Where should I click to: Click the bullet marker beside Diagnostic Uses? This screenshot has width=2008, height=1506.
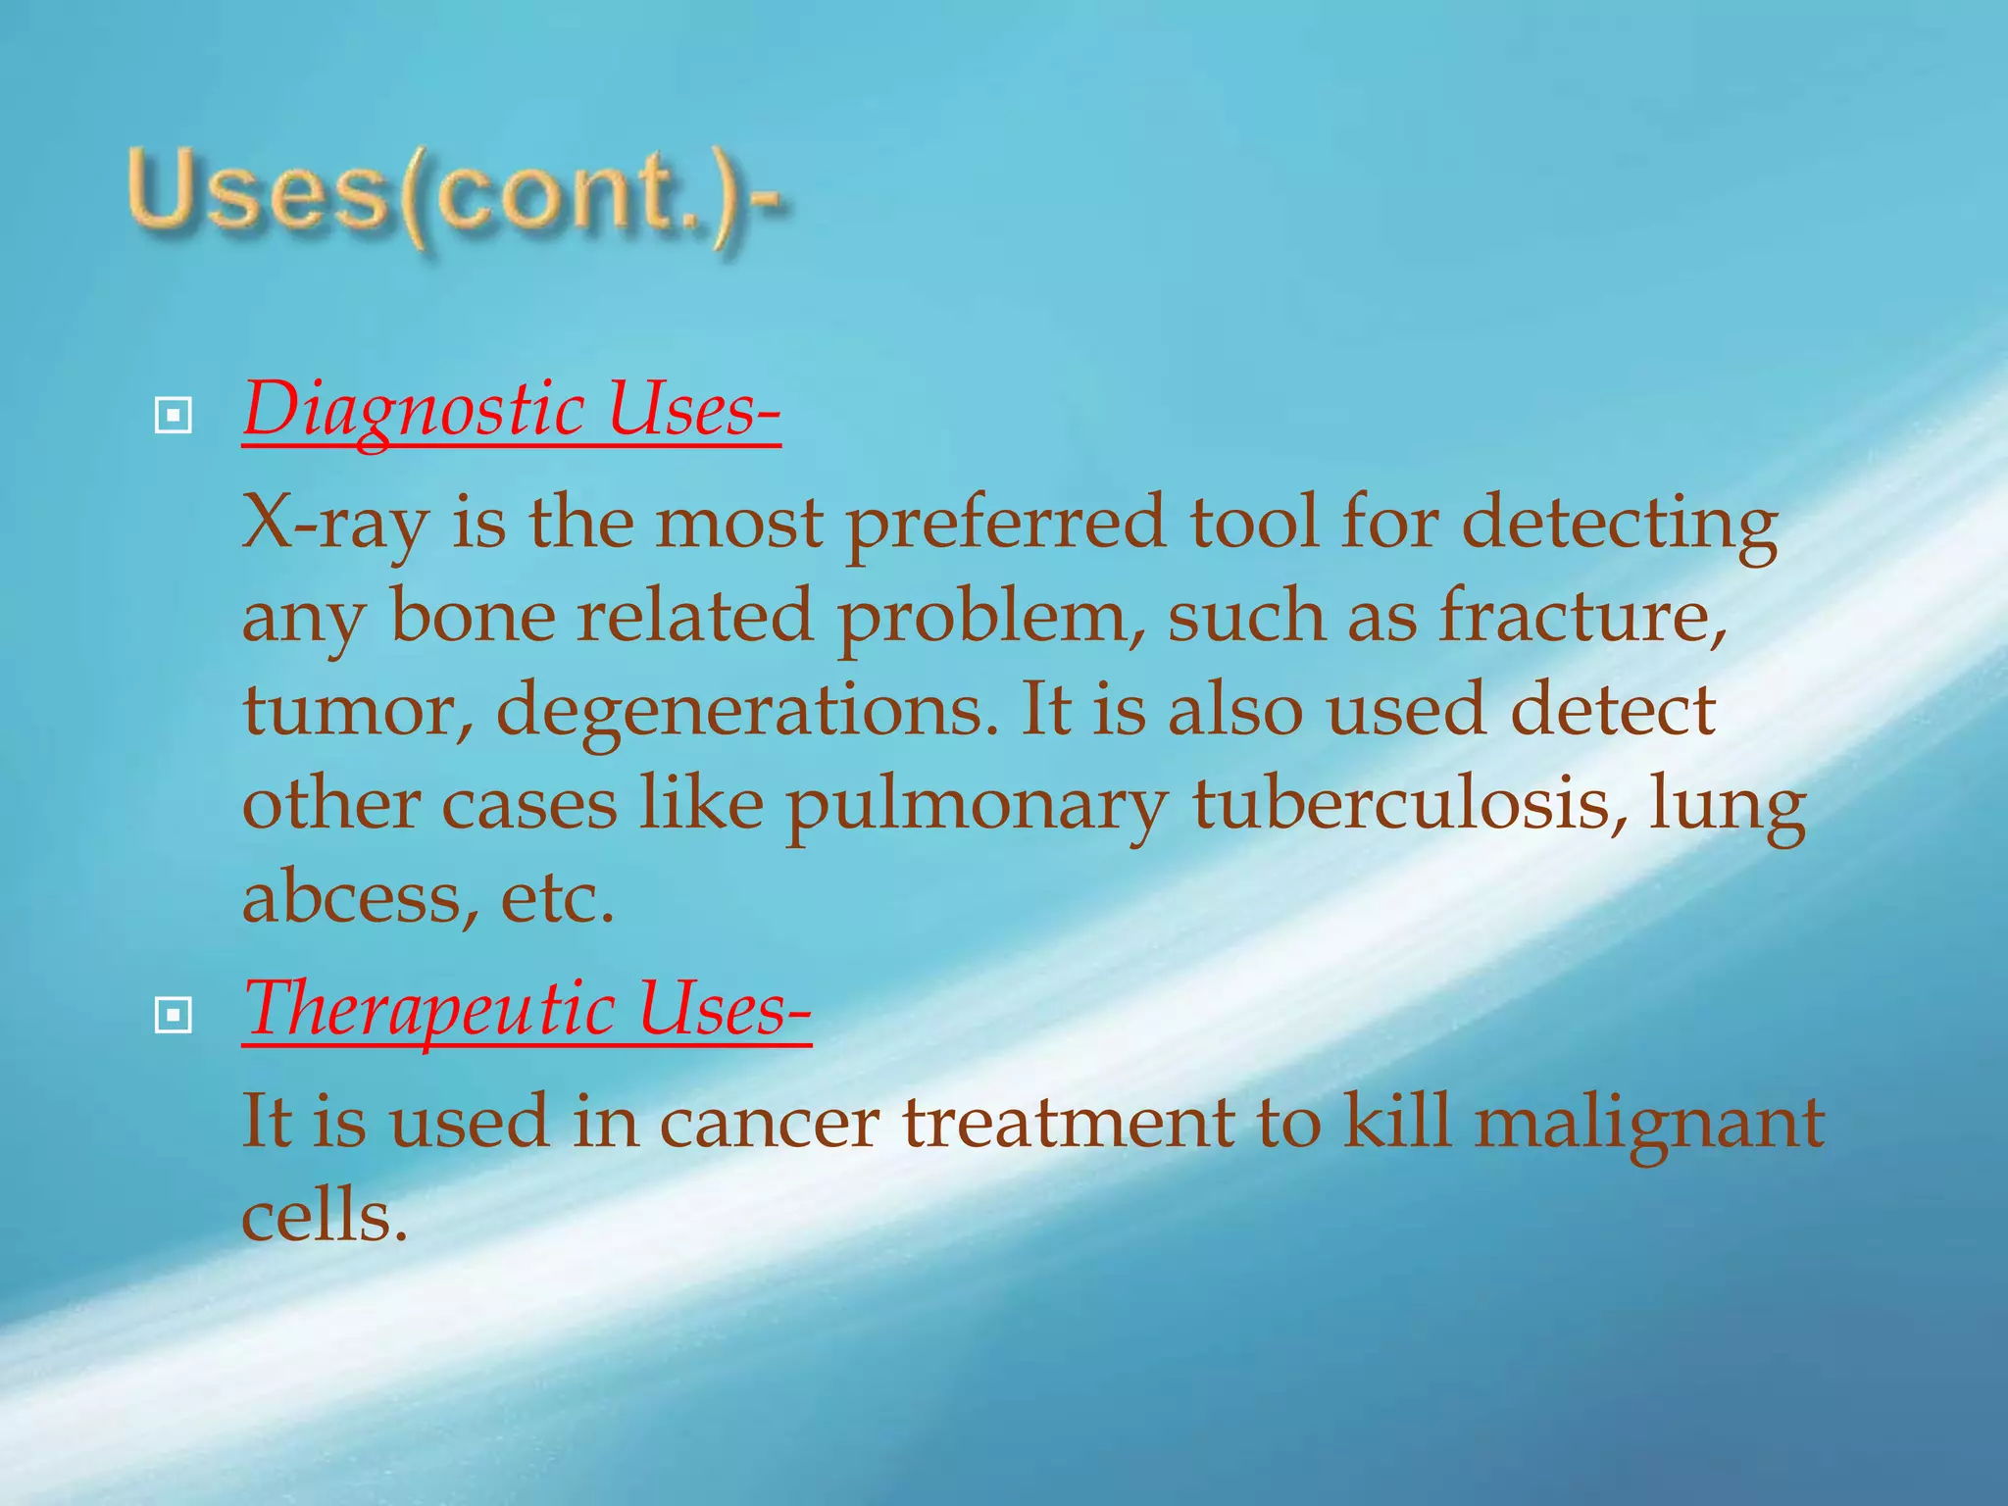coord(174,417)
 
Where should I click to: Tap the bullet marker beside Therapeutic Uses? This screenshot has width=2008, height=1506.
coord(174,1016)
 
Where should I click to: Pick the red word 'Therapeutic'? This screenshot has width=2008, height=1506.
coord(429,1010)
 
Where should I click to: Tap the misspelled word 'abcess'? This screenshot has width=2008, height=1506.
coord(353,896)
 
